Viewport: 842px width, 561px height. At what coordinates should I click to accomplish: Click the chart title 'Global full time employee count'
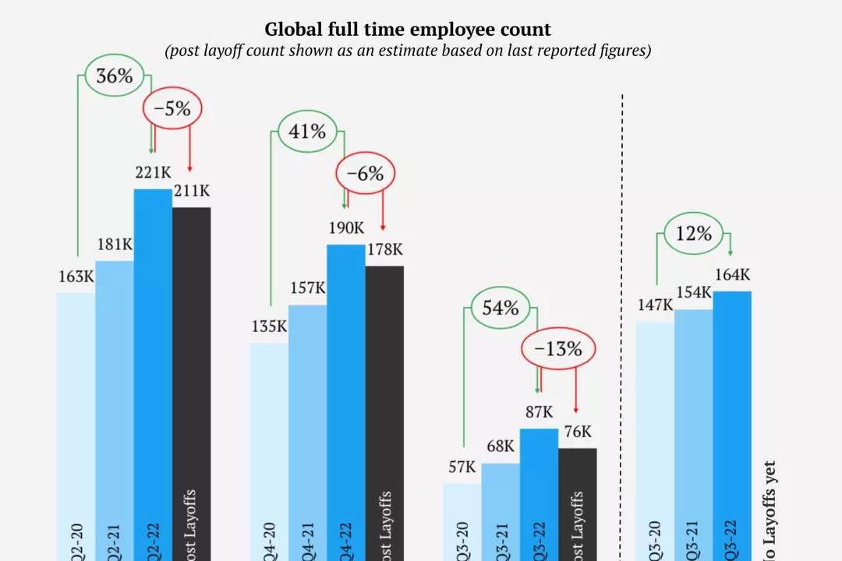pyautogui.click(x=408, y=30)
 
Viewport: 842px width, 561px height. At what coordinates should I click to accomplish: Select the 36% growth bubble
pyautogui.click(x=114, y=76)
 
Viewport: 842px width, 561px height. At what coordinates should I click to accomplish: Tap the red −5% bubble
pyautogui.click(x=172, y=109)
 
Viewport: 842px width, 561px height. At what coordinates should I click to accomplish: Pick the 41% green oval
pyautogui.click(x=307, y=131)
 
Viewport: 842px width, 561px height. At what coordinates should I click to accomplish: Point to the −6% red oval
pyautogui.click(x=365, y=174)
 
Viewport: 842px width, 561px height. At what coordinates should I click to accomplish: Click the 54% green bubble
pyautogui.click(x=501, y=308)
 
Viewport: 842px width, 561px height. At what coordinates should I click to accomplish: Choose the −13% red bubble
pyautogui.click(x=558, y=349)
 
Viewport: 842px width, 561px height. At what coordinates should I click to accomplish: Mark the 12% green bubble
pyautogui.click(x=694, y=233)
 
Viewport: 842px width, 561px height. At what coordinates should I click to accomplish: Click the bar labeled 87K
pyautogui.click(x=540, y=491)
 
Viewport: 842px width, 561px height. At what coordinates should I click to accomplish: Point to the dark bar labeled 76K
pyautogui.click(x=578, y=499)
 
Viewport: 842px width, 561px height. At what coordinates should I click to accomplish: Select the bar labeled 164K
pyautogui.click(x=732, y=421)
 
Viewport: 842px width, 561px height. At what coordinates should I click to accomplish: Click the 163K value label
pyautogui.click(x=76, y=277)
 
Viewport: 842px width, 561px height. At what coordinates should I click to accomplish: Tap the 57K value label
pyautogui.click(x=462, y=467)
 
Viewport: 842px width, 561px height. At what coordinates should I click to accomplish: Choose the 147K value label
pyautogui.click(x=655, y=305)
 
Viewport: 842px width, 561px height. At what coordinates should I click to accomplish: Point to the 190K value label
pyautogui.click(x=346, y=228)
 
